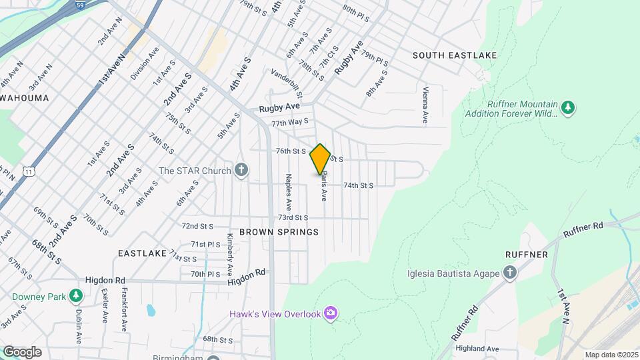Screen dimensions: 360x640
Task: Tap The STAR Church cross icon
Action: click(x=241, y=171)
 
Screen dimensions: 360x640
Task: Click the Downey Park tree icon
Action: click(x=75, y=295)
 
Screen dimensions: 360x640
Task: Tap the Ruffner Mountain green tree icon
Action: click(x=567, y=108)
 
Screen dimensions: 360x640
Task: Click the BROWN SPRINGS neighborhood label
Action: click(x=279, y=232)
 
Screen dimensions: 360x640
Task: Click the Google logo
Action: click(x=22, y=351)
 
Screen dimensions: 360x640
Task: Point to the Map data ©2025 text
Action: click(x=611, y=355)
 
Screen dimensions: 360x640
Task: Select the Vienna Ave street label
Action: click(x=425, y=105)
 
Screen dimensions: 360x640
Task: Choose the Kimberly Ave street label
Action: click(x=229, y=249)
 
